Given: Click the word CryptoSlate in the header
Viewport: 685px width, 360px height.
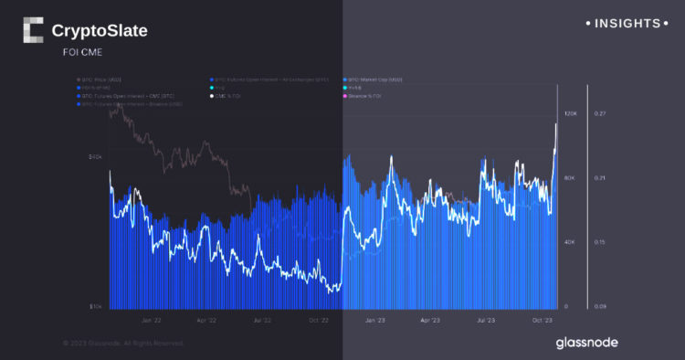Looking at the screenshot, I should tap(100, 31).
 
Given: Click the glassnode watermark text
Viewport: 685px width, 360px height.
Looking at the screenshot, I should tap(586, 342).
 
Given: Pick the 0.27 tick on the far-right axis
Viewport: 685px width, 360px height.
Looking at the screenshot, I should tap(600, 113).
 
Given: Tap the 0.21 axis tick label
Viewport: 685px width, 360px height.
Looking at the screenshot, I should tap(600, 178).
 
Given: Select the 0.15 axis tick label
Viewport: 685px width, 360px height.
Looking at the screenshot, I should tap(600, 242).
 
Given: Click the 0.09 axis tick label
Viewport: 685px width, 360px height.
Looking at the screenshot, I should tap(600, 307).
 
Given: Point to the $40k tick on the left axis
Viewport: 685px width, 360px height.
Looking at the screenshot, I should tap(94, 156).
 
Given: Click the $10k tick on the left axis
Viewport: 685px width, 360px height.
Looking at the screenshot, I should tap(94, 307).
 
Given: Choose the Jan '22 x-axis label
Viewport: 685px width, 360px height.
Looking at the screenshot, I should tap(153, 321).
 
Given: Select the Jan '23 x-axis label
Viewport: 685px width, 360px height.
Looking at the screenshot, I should tap(375, 321).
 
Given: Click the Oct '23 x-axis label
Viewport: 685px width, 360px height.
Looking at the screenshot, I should tap(542, 321).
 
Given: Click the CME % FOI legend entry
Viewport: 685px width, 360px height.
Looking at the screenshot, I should tap(227, 95).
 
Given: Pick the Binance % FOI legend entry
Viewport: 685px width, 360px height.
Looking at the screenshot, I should tap(365, 95).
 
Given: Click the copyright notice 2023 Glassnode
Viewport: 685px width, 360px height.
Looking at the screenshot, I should tap(123, 344).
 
